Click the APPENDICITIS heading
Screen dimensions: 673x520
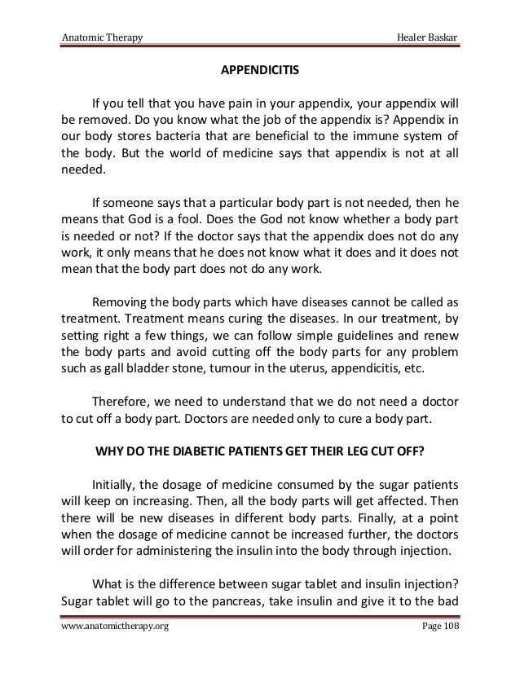pos(260,70)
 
